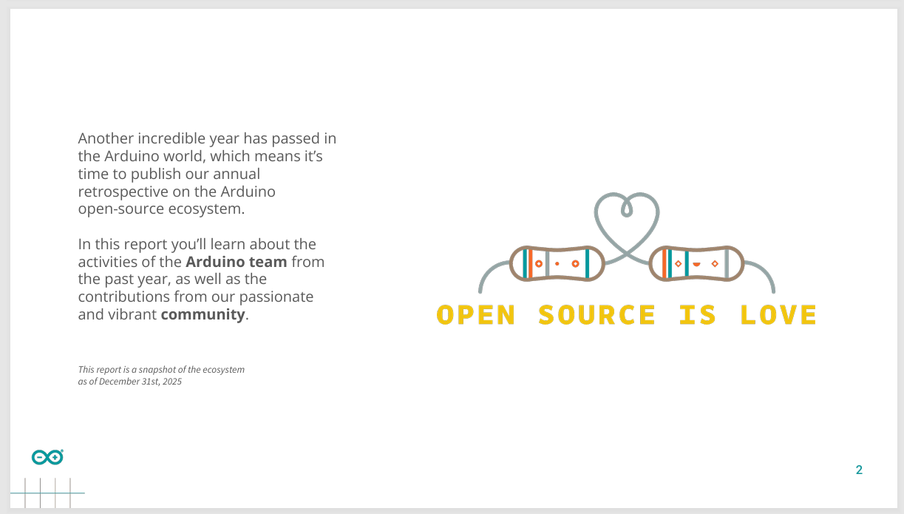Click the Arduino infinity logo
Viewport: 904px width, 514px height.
[x=47, y=457]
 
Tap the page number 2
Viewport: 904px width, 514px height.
[x=859, y=470]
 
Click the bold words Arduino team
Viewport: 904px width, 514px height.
[x=236, y=262]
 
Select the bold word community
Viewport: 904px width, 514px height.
[x=203, y=314]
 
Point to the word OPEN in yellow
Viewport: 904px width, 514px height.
[x=476, y=315]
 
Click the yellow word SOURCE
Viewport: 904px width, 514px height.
[x=597, y=315]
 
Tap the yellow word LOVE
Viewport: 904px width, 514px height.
[x=778, y=315]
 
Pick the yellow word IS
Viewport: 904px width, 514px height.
[x=698, y=315]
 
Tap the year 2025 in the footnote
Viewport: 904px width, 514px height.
[x=172, y=382]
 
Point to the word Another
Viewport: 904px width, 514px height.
[x=106, y=138]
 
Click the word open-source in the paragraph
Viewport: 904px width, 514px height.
[x=120, y=209]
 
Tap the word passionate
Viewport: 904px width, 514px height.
[x=276, y=297]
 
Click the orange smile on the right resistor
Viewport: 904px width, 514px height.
[x=696, y=265]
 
